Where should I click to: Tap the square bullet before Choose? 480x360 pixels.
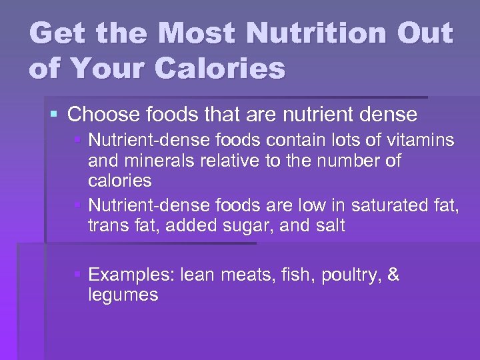[55, 115]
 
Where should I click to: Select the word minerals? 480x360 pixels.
[156, 161]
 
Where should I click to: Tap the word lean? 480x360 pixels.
[199, 275]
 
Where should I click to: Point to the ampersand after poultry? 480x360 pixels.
[393, 275]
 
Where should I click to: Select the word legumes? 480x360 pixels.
[123, 295]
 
